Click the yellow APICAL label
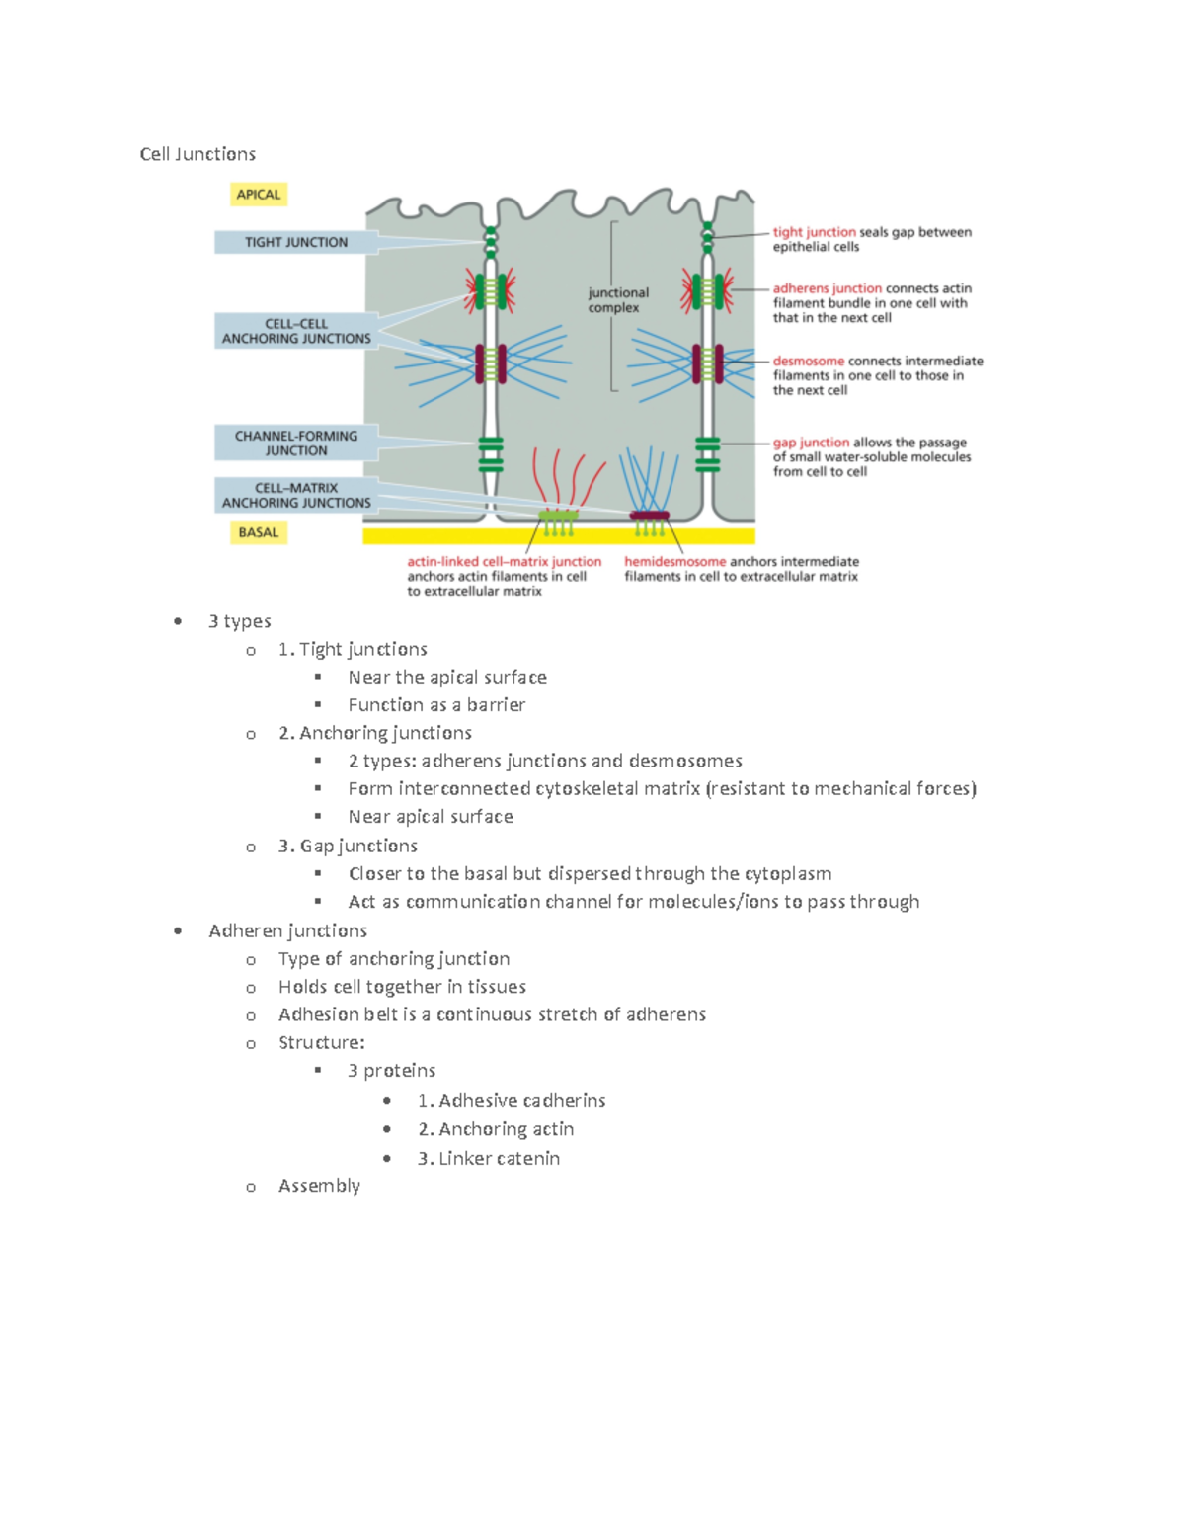[x=259, y=195]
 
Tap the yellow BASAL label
[x=259, y=532]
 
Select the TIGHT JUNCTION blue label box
[x=295, y=242]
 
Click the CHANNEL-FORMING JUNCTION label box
[x=295, y=443]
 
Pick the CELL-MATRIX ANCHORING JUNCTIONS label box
[x=296, y=495]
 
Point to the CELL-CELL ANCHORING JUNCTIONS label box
[x=296, y=331]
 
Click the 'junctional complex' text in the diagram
[x=618, y=300]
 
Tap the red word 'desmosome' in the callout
[x=808, y=361]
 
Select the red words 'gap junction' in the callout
[x=811, y=443]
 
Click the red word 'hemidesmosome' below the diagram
[x=674, y=561]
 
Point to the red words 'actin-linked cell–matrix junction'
[x=504, y=561]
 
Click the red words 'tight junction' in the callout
[x=814, y=232]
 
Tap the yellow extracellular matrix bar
[x=559, y=536]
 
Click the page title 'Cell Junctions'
[x=197, y=154]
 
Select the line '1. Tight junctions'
[x=353, y=649]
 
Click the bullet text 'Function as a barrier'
[x=436, y=705]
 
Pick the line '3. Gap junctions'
[x=348, y=846]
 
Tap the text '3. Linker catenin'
[x=488, y=1158]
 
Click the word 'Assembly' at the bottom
[x=319, y=1185]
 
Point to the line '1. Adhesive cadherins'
[x=512, y=1100]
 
